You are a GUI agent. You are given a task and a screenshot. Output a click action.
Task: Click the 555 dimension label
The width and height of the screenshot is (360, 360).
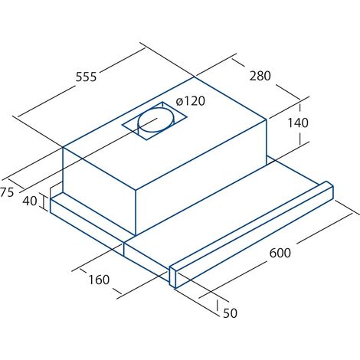[x=87, y=77]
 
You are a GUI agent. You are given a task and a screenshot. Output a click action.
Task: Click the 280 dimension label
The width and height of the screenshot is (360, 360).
[x=260, y=76]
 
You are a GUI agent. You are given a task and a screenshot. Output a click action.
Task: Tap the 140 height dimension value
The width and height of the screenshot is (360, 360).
[x=298, y=123]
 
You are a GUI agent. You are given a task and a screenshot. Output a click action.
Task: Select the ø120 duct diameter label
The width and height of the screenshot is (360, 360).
[x=191, y=101]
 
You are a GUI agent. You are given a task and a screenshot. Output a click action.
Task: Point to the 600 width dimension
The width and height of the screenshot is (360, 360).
[x=280, y=253]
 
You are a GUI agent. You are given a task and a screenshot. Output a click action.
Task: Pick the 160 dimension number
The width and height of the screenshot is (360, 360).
[x=99, y=280]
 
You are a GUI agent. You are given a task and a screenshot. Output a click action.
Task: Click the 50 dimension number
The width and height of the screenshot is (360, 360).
[x=230, y=313]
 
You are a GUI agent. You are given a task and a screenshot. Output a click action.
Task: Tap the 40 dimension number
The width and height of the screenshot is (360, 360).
[x=30, y=201]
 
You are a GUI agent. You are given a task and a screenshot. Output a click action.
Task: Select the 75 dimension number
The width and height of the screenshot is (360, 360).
[x=7, y=192]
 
